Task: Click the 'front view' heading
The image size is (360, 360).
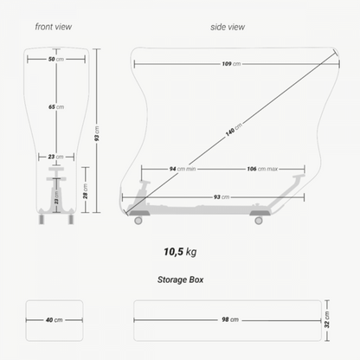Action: [54, 27]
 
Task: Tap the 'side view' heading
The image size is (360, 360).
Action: [228, 27]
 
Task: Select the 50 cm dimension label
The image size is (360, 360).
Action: [56, 59]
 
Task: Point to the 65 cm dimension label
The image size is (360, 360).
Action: [56, 107]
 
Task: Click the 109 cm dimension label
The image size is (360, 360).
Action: [231, 64]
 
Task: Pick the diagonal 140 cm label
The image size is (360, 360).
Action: [234, 130]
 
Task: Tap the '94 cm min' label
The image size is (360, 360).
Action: [183, 169]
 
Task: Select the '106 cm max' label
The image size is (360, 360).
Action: [262, 169]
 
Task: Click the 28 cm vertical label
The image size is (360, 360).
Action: [86, 191]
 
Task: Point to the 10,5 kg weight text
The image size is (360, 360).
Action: [180, 252]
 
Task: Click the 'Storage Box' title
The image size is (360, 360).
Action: [181, 280]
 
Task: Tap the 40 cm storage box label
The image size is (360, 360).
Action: [55, 320]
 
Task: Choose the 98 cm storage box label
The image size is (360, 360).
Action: [230, 319]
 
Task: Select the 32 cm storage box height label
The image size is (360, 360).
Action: [327, 319]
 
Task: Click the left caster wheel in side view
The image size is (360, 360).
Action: [138, 221]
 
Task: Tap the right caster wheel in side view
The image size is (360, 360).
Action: [259, 221]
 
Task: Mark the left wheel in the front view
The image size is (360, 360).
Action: [42, 220]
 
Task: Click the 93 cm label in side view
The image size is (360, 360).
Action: [222, 197]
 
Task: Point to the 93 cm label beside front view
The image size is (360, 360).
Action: [97, 133]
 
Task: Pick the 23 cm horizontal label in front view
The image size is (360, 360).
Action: [56, 157]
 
